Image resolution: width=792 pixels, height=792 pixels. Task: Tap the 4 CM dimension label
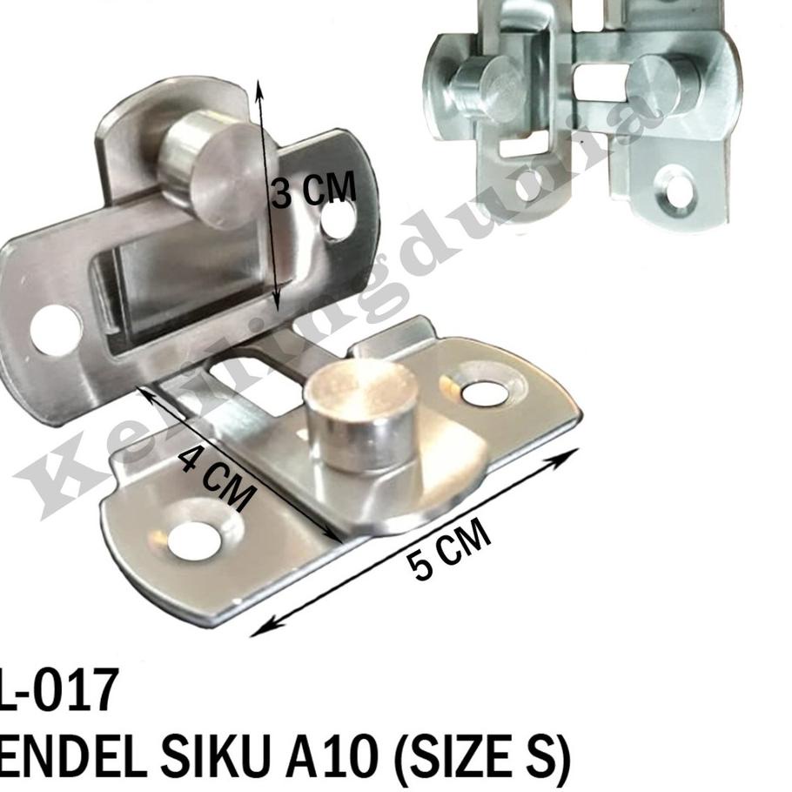(218, 478)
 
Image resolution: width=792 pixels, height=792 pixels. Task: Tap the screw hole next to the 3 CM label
(337, 220)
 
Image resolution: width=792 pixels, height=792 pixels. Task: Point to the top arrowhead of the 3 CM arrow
(258, 85)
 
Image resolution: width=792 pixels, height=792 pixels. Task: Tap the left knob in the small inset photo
(481, 87)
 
